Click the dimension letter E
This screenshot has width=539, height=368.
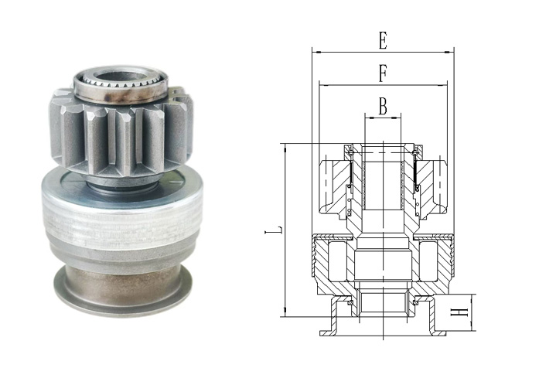[383, 40]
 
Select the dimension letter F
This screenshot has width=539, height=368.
[383, 73]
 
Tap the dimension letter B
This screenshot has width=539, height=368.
[383, 106]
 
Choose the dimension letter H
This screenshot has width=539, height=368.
[459, 312]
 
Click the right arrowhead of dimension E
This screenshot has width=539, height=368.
[449, 53]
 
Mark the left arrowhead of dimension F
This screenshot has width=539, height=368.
[323, 85]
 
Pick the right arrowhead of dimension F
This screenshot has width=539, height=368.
[443, 85]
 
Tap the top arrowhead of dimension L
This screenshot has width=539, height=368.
[285, 148]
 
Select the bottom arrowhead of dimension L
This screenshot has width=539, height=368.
[285, 312]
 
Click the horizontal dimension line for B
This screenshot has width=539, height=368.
[383, 118]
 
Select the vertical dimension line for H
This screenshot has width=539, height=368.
[472, 312]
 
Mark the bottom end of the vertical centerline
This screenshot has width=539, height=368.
[383, 339]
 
